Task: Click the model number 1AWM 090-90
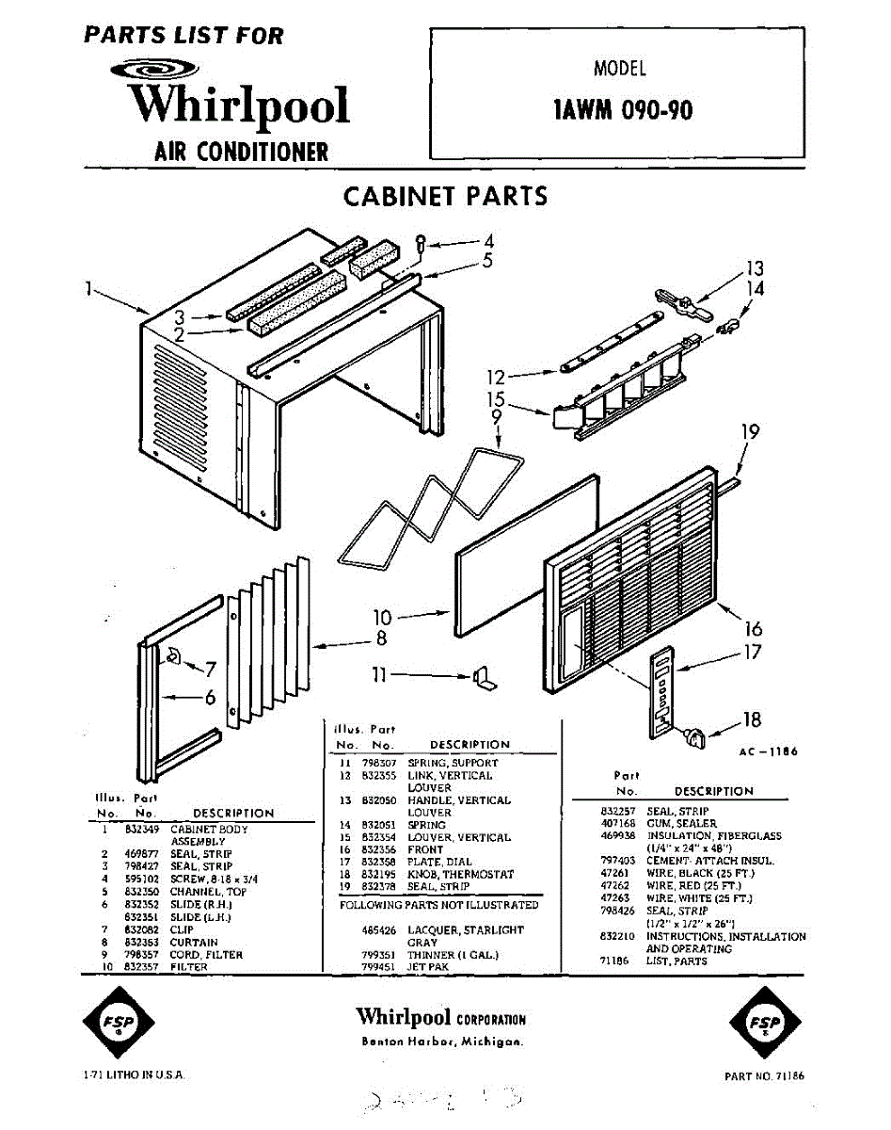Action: point(624,110)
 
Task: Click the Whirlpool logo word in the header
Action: point(239,105)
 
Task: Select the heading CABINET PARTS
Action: point(445,197)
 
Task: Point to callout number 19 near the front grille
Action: point(750,432)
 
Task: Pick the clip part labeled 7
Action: point(175,655)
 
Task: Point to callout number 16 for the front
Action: point(754,629)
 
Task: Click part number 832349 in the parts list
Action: point(141,830)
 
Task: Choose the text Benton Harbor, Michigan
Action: point(442,1042)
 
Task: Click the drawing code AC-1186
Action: point(769,751)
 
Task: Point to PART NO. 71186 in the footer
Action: point(764,1075)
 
